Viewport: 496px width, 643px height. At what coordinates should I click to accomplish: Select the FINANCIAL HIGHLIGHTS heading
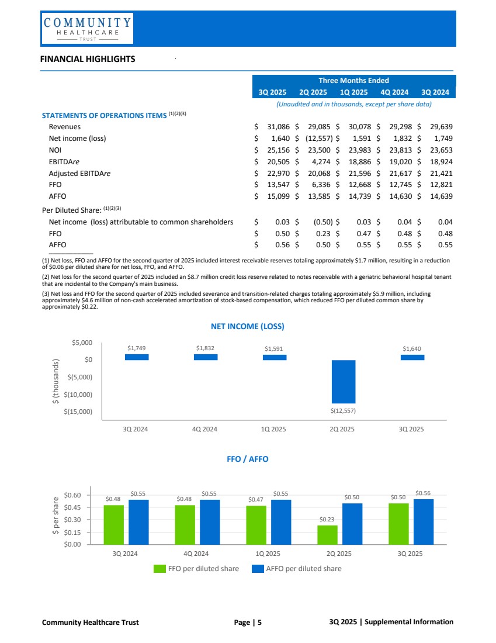point(88,59)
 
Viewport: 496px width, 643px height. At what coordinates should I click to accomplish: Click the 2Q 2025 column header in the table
point(313,92)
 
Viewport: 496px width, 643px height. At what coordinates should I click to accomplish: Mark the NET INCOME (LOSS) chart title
point(247,326)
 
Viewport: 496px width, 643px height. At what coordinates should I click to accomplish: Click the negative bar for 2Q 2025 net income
point(343,381)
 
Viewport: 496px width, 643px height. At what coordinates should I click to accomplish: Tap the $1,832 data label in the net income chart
point(206,348)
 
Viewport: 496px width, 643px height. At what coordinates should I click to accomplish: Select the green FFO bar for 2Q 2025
point(328,534)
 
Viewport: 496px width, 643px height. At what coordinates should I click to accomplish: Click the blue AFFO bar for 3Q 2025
point(423,521)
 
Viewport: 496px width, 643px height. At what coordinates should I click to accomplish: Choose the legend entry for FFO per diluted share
point(196,568)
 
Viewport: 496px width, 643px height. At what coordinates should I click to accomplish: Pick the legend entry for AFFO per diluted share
point(296,568)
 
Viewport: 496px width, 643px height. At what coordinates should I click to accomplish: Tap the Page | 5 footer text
point(248,622)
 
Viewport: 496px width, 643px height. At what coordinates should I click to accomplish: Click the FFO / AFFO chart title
point(247,459)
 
